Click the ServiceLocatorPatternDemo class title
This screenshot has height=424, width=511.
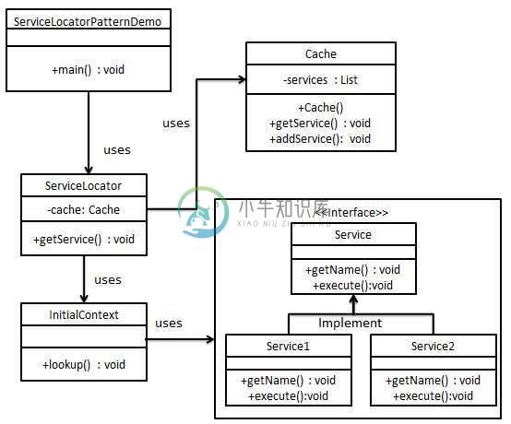[88, 22]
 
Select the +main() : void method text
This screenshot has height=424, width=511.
[88, 70]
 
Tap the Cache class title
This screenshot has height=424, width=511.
[321, 53]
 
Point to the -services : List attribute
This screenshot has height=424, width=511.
[321, 80]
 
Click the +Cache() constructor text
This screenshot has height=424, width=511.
[321, 108]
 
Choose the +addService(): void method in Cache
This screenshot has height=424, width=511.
[320, 139]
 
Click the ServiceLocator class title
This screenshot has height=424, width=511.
[83, 185]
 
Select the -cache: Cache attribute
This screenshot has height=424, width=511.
[83, 210]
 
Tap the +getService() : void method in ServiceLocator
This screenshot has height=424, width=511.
[84, 240]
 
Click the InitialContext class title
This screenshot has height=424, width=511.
[84, 315]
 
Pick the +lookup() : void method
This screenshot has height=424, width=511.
[84, 364]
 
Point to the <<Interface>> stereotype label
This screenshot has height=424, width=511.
[351, 213]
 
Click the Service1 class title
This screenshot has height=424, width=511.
[288, 347]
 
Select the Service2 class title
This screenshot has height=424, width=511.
[433, 347]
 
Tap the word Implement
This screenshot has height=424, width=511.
[350, 323]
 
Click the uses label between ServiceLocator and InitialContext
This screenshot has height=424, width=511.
[108, 279]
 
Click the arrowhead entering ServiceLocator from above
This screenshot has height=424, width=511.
[89, 170]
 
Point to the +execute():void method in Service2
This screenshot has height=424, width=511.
[433, 396]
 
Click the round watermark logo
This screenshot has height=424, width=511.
[203, 212]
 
